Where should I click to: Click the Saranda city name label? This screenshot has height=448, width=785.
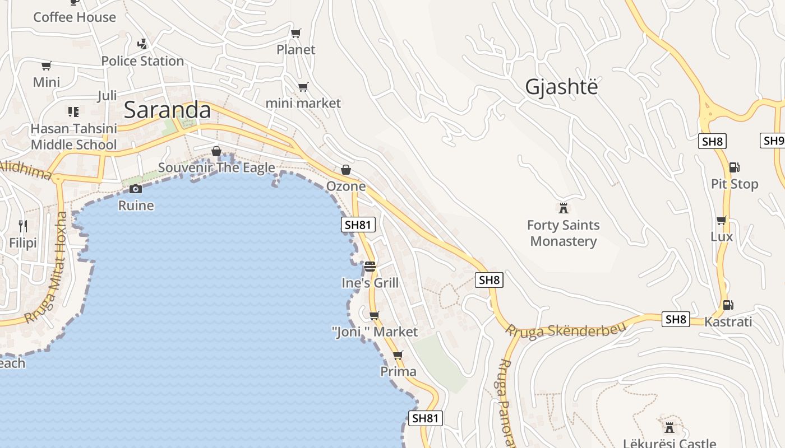click(167, 110)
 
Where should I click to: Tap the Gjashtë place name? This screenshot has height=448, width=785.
click(561, 87)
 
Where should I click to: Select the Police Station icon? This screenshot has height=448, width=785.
click(142, 43)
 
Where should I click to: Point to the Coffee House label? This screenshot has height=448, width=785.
click(75, 17)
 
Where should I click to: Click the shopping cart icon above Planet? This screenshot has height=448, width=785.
click(296, 33)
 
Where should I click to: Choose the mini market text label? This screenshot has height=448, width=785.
click(303, 103)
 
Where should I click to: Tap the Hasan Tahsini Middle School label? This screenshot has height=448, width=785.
click(73, 137)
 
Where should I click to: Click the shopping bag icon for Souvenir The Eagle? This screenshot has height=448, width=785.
click(216, 151)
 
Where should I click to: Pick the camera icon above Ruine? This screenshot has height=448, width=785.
click(136, 189)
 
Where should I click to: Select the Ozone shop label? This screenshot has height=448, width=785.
click(346, 186)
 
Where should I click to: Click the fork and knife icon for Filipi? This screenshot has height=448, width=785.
click(23, 226)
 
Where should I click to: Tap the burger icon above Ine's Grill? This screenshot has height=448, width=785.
click(370, 266)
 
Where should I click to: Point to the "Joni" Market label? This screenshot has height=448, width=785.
click(375, 332)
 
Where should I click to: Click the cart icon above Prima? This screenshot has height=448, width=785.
click(398, 355)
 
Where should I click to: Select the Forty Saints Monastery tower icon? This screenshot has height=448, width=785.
click(564, 208)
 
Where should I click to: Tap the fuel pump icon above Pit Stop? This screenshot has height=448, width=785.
click(734, 167)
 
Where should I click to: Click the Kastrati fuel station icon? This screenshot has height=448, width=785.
click(728, 305)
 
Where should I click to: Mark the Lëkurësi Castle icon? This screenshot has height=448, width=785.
click(669, 427)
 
